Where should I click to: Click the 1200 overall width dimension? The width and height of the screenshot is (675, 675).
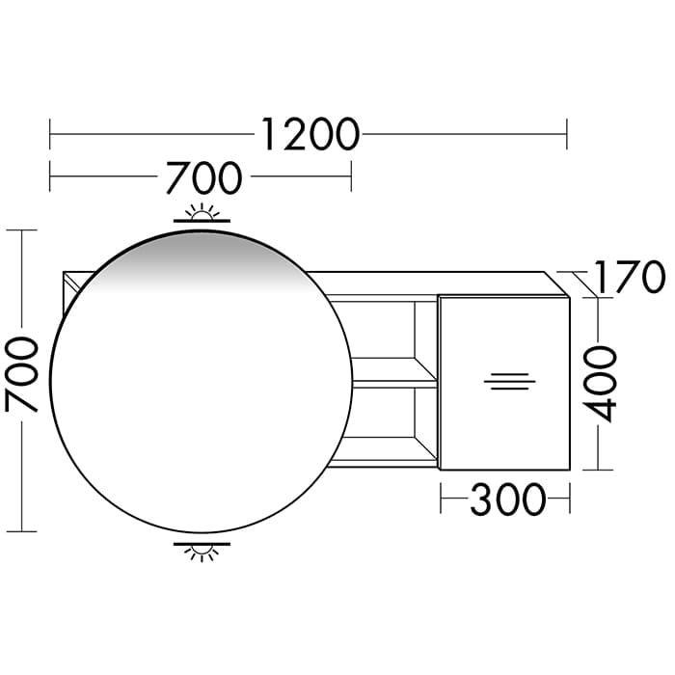310,134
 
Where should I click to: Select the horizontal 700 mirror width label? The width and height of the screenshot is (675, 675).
204,177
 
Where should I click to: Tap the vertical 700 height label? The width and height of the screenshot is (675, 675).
21,374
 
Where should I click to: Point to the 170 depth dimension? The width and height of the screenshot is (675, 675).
630,277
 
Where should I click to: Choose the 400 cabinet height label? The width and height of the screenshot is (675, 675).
600,384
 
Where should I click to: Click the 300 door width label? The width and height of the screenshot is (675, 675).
508,499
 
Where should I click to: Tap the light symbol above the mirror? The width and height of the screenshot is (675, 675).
202,213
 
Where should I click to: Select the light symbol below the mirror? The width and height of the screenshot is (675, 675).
202,552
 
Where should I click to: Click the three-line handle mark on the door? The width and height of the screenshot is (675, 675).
510,382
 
